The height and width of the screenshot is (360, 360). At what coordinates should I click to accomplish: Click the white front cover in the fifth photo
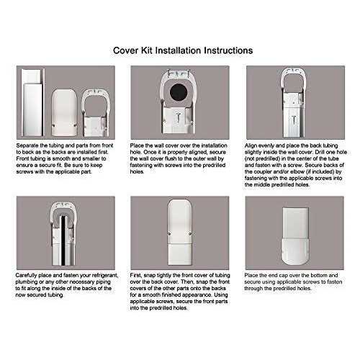point(179,230)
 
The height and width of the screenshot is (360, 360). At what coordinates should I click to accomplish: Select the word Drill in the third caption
point(315,151)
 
